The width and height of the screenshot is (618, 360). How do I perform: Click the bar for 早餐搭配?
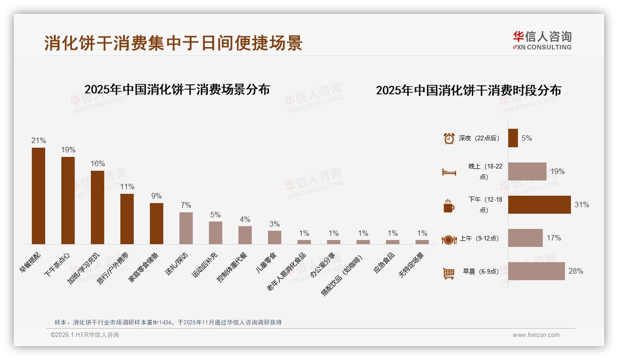click(x=38, y=196)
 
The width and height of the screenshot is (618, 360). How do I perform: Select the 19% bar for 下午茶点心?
click(x=68, y=200)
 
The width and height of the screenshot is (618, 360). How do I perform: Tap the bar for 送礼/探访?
click(x=186, y=228)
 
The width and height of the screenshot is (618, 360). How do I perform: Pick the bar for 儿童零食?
click(x=274, y=237)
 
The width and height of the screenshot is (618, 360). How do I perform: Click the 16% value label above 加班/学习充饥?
click(x=98, y=164)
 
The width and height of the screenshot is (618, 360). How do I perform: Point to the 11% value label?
click(x=127, y=187)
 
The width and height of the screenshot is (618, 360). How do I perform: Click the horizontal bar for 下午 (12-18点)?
click(x=539, y=204)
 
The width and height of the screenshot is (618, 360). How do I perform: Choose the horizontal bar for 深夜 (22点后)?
click(x=513, y=138)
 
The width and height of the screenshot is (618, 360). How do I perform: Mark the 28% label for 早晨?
click(x=576, y=271)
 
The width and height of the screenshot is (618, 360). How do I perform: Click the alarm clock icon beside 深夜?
click(x=449, y=138)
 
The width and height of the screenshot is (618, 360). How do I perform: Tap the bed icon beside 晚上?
click(x=449, y=172)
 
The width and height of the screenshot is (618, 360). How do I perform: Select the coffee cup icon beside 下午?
click(x=449, y=206)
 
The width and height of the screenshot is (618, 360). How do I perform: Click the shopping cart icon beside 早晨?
click(x=449, y=273)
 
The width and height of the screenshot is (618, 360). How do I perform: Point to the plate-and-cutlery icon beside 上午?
click(x=449, y=240)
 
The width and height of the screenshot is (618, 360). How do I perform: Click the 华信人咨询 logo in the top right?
click(x=542, y=40)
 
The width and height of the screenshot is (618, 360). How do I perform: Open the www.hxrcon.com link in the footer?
click(x=536, y=335)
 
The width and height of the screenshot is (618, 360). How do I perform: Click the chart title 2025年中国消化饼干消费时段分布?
click(x=468, y=90)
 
